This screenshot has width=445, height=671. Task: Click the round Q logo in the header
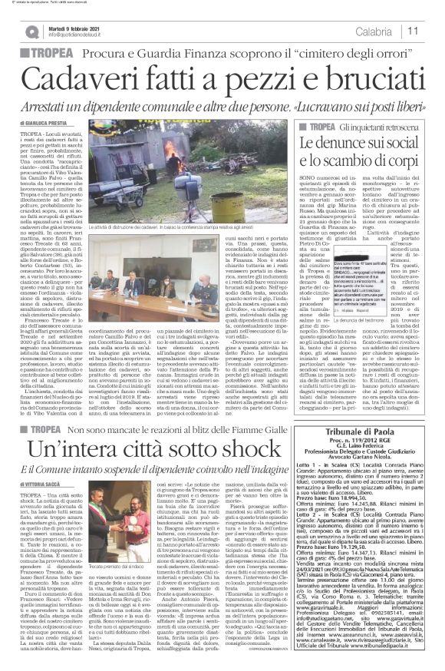click(28, 31)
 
